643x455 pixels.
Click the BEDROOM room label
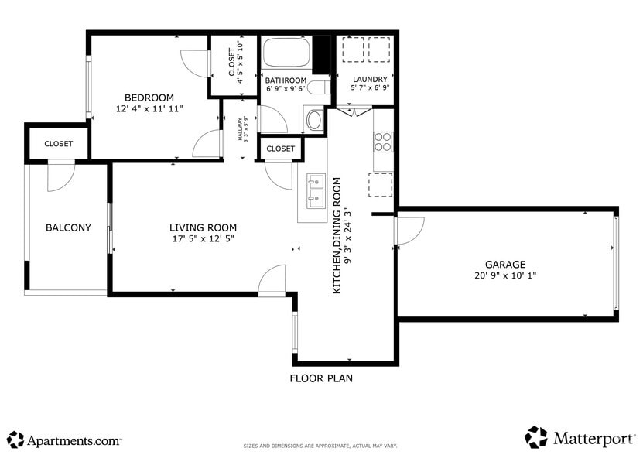[149, 97]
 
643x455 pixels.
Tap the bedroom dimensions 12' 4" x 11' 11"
[149, 109]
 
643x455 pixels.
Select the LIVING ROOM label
[203, 227]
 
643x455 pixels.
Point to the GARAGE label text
[504, 264]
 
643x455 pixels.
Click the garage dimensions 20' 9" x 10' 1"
[504, 275]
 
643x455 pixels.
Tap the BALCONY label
[68, 227]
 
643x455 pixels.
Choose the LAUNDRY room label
[370, 79]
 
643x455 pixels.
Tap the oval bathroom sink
[314, 120]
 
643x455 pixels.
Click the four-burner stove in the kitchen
[383, 141]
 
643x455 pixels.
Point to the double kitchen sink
[315, 192]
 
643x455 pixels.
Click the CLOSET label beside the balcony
[59, 144]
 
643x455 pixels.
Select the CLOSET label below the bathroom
[280, 149]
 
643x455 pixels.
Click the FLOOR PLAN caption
[321, 379]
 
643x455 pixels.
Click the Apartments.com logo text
[74, 441]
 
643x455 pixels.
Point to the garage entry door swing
[410, 230]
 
